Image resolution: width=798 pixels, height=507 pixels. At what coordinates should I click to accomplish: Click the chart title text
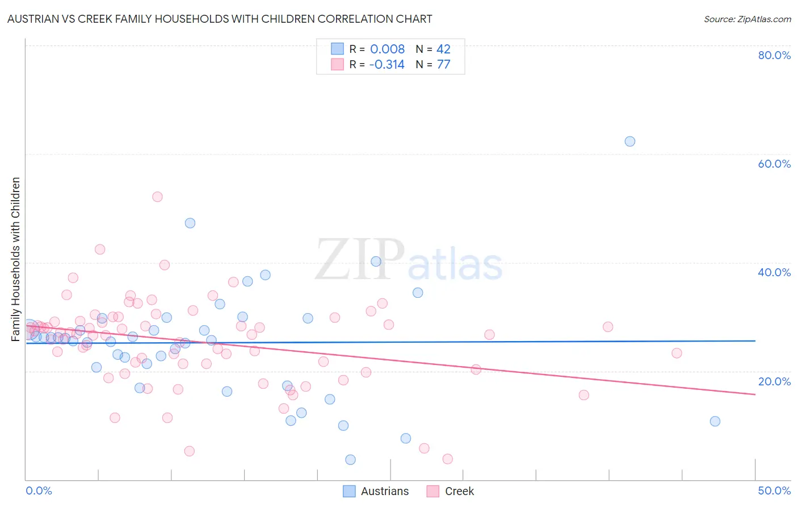coord(220,19)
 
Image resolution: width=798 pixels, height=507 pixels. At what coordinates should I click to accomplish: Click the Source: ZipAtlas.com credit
coord(747,19)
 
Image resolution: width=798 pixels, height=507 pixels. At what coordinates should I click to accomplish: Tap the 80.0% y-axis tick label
coord(774,55)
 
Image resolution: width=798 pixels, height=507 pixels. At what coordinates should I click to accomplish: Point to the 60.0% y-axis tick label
coord(774,164)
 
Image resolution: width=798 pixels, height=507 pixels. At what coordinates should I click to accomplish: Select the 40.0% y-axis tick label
coord(774,272)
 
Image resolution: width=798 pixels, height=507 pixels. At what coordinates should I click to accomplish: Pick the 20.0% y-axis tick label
coord(774,381)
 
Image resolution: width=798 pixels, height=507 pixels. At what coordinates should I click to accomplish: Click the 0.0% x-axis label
coord(39,491)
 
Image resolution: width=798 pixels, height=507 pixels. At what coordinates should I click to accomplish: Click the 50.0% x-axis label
coord(774,491)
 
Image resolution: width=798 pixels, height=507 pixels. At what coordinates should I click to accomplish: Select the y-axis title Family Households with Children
coord(16,259)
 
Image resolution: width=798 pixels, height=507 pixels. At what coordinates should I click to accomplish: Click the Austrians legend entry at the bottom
coord(384,491)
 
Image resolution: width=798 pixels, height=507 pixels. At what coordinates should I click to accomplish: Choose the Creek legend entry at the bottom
coord(459,491)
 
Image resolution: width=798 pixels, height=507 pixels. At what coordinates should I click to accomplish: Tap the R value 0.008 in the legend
coord(387,49)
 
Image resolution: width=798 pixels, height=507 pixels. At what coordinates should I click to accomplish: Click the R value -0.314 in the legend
coord(387,64)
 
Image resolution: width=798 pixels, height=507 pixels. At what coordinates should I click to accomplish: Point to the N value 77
coord(443,64)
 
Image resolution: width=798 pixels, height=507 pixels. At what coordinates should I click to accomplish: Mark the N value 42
coord(443,49)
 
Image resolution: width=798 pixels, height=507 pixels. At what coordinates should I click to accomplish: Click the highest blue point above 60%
coord(629,142)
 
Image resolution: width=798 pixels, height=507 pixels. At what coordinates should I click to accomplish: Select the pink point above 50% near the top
coord(157,197)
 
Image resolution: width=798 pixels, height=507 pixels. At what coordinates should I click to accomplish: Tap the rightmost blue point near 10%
coord(715,421)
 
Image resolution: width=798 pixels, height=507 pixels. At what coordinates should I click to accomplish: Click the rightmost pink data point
coord(677,353)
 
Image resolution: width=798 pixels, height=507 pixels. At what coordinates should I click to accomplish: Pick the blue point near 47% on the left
coord(190,223)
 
